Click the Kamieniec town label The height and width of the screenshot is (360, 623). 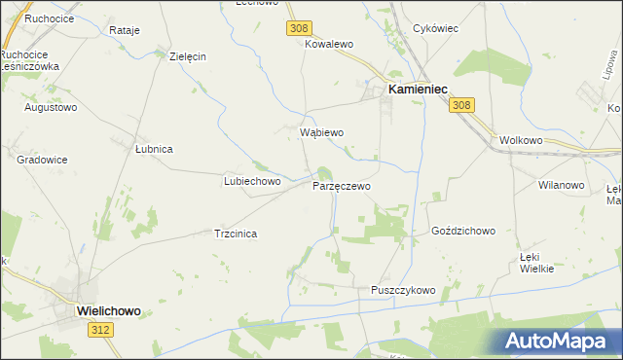tap(418, 89)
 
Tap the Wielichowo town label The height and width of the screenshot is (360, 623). tap(108, 310)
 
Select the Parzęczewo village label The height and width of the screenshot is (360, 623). tap(341, 185)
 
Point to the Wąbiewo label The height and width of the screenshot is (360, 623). tap(322, 131)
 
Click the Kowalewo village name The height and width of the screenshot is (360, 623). tap(328, 45)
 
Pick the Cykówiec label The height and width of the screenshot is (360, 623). tap(436, 28)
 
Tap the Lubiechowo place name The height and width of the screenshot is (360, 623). tap(252, 181)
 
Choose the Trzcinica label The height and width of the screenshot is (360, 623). tap(235, 234)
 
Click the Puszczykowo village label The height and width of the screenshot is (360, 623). tap(403, 290)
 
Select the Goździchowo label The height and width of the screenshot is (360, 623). tap(463, 232)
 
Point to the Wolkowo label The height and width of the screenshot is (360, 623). tap(520, 139)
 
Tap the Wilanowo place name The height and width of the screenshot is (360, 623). tap(561, 184)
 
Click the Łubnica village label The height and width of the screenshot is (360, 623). tap(154, 149)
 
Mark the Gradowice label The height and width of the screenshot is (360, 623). tap(41, 158)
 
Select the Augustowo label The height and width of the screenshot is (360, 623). tap(51, 107)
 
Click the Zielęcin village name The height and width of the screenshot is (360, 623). tap(188, 56)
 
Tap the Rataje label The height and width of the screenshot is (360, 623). tap(125, 30)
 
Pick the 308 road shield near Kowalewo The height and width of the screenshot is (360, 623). tap(298, 29)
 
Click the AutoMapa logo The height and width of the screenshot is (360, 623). tap(557, 341)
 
